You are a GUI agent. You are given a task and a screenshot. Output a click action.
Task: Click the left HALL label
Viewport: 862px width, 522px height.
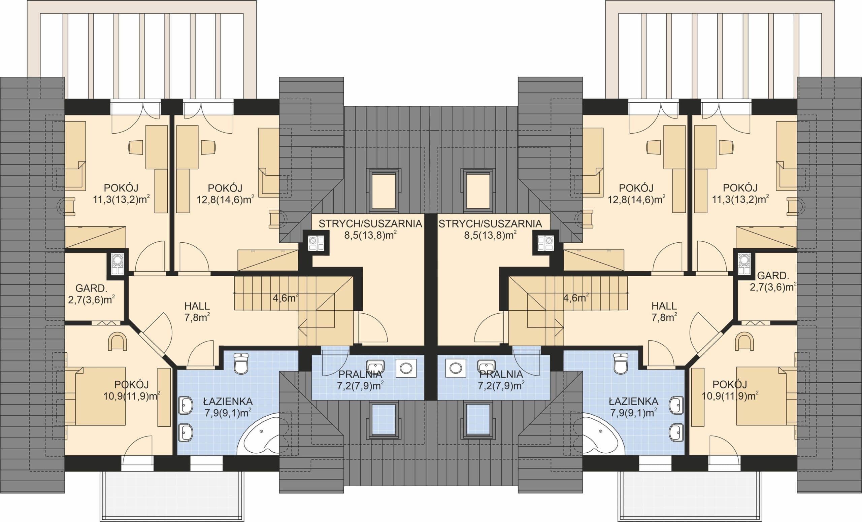click(x=197, y=306)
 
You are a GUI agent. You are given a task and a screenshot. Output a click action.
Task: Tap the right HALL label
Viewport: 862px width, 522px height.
click(x=664, y=306)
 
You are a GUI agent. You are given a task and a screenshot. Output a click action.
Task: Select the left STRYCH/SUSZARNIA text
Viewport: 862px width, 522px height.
click(x=370, y=224)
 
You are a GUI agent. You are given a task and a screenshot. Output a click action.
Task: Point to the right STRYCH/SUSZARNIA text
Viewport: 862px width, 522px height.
click(x=491, y=224)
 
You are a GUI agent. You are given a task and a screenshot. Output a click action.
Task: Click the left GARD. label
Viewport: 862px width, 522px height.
click(x=91, y=288)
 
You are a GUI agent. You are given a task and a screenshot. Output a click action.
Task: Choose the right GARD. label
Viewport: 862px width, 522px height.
click(x=773, y=276)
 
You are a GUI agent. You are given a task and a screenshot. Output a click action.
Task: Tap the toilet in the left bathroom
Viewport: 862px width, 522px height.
click(x=241, y=363)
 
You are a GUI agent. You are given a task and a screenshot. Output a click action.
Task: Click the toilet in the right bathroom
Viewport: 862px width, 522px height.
click(x=621, y=363)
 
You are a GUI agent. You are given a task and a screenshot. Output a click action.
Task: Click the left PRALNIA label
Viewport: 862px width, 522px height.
click(x=360, y=374)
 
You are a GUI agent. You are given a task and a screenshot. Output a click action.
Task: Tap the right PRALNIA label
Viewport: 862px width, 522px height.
click(x=501, y=374)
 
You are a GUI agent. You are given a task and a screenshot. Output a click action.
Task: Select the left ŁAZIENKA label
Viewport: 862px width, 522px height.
click(x=228, y=402)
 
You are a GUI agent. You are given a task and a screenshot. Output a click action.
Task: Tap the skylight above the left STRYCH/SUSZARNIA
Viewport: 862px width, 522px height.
click(x=384, y=190)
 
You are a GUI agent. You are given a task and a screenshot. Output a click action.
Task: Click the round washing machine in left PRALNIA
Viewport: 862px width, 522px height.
click(x=406, y=368)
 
